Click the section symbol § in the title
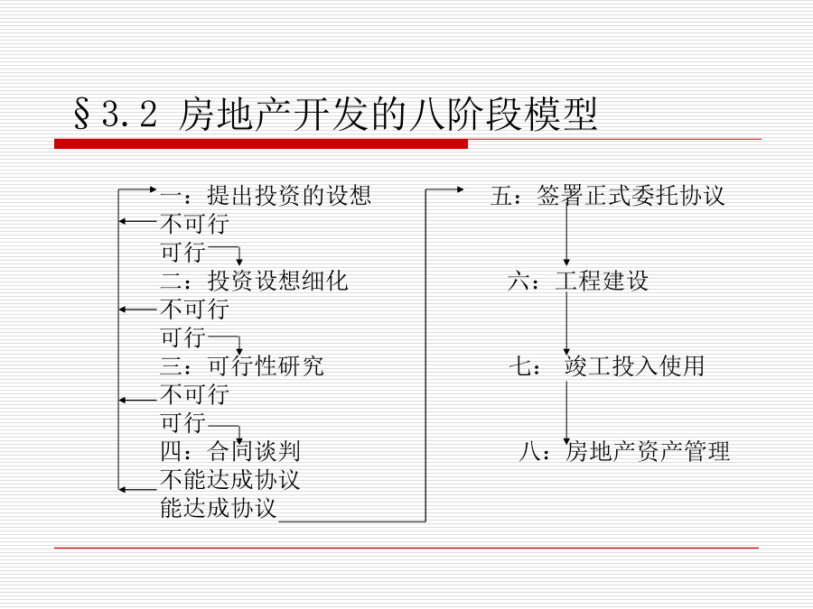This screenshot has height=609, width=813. coord(81,114)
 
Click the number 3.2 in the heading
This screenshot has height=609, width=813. coord(129,114)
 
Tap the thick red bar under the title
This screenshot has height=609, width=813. coord(261,144)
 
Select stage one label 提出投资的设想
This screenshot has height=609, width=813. coord(289,195)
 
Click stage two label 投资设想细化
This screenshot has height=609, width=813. coord(277,281)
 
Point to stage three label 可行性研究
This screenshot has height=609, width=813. coord(266,366)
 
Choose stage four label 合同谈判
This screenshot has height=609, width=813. coord(254,451)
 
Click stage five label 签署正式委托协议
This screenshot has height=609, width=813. coord(631,195)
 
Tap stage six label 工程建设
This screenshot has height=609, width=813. coord(602,281)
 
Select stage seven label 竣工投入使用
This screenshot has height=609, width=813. coord(634,366)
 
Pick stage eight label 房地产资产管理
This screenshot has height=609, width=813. coord(648,451)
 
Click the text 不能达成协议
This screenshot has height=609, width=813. coord(229,480)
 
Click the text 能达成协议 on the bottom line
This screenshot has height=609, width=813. coord(218,508)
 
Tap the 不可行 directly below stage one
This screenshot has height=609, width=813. coord(194,224)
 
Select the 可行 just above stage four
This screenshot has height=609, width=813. coord(183,422)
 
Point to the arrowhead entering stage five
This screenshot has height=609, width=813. coord(461,189)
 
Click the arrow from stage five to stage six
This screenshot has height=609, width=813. coord(566,232)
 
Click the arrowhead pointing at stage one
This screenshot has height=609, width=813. coord(153,189)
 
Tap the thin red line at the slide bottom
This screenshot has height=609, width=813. coord(406,548)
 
